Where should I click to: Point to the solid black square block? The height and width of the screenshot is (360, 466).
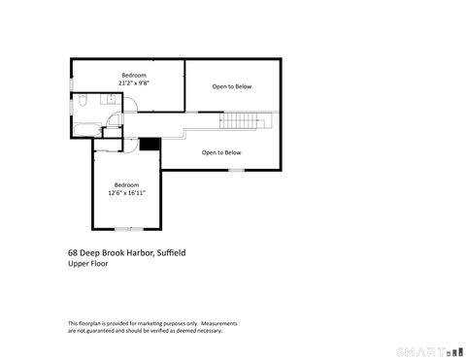coord(150,145)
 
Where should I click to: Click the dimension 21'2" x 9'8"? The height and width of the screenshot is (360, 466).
coord(133,83)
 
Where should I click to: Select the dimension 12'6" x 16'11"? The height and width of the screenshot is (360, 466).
coord(126,192)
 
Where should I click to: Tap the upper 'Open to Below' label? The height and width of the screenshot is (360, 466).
coord(232,86)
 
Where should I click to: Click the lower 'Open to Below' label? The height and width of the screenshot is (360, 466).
coord(221,152)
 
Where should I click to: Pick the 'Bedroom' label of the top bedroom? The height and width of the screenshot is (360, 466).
coord(133,75)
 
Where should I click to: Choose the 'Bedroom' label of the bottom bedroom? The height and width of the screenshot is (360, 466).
coord(126,184)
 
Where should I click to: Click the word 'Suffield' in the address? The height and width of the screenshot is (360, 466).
coord(168,252)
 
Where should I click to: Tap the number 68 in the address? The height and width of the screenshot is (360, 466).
coord(73,252)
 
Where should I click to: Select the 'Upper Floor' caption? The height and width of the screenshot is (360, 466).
coord(87,263)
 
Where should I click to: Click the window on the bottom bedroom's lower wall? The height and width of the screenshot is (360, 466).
coord(129,229)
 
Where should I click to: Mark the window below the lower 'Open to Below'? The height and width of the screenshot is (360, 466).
coord(236,171)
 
